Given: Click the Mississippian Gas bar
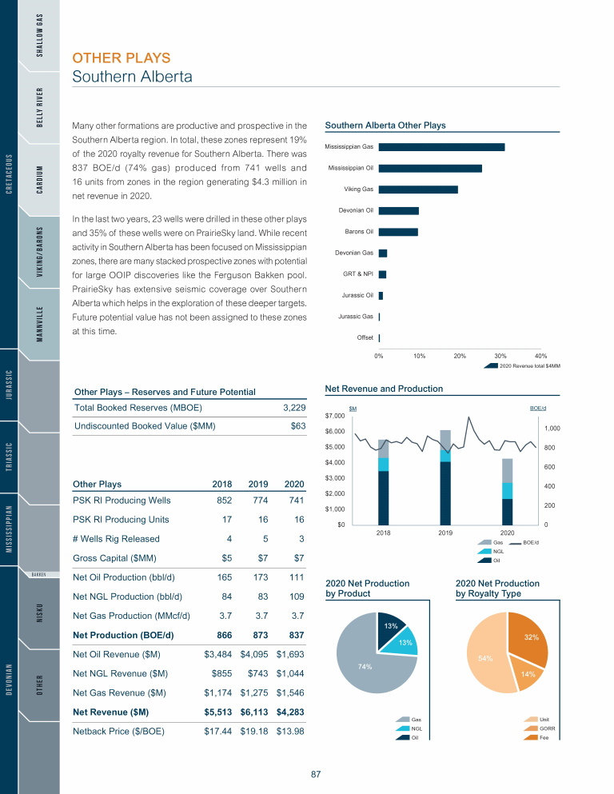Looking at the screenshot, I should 441,146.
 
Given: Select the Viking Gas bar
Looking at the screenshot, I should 418,190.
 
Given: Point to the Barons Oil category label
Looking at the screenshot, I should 358,232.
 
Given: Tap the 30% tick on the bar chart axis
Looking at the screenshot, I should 500,355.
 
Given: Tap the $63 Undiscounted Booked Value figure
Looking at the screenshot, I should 297,426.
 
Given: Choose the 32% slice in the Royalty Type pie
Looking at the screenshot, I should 532,637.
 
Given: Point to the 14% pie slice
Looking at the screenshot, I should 527,674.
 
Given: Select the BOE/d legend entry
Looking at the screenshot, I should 531,543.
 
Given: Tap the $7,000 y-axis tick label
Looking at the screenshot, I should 335,416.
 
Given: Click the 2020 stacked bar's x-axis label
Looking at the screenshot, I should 507,532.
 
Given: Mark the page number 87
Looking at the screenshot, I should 316,774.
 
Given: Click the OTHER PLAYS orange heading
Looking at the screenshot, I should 121,58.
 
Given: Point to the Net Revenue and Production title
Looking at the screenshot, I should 384,389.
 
